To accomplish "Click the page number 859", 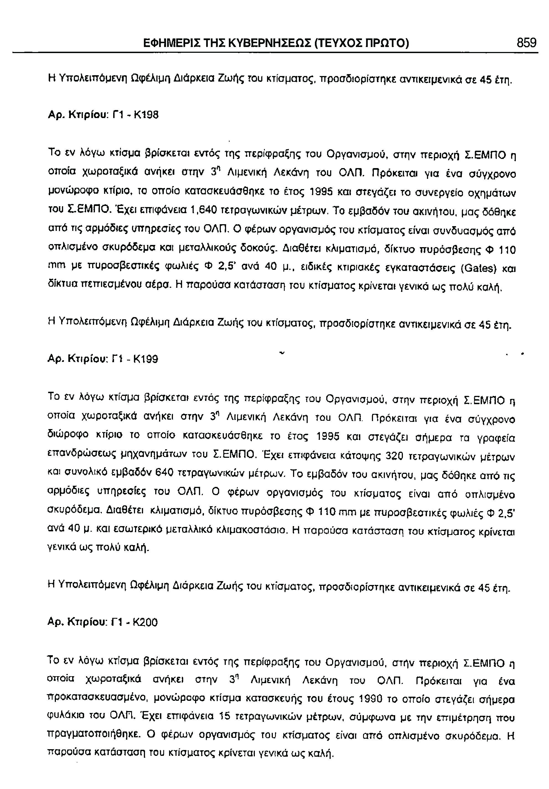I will click(526, 43).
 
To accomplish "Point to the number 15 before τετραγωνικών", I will click(224, 717).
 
